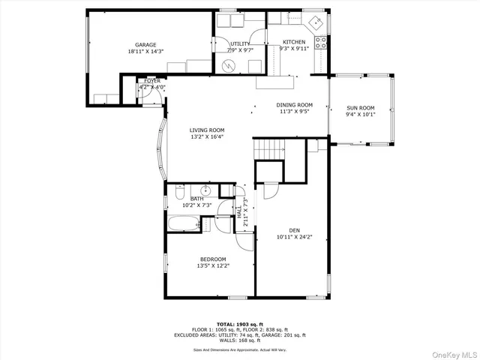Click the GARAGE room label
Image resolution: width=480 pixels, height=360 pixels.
(145, 45)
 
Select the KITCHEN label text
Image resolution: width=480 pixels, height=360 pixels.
(294, 42)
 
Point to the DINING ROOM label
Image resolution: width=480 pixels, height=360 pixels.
(294, 105)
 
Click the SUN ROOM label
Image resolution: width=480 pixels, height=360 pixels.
(360, 108)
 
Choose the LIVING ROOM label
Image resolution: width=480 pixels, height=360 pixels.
(206, 130)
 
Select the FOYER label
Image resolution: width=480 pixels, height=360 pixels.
(151, 80)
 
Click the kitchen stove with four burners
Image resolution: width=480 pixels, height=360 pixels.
(320, 42)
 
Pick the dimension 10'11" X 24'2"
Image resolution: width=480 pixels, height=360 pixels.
(293, 237)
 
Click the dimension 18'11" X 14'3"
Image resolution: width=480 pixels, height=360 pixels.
(145, 52)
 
